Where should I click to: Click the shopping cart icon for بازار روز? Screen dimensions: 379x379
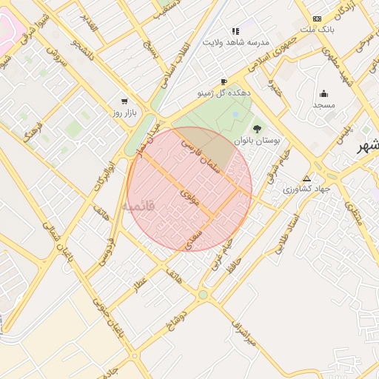pos(124,101)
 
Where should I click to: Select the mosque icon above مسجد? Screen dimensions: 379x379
pos(323,93)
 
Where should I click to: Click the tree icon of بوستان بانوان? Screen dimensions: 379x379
pos(258,129)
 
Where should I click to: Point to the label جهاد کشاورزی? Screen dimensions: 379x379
pos(306,189)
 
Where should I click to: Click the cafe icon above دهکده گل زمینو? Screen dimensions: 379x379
pos(224,82)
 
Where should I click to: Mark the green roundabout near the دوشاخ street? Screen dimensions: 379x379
pos(203,295)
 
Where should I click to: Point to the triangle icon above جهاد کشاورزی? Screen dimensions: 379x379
pos(306,178)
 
